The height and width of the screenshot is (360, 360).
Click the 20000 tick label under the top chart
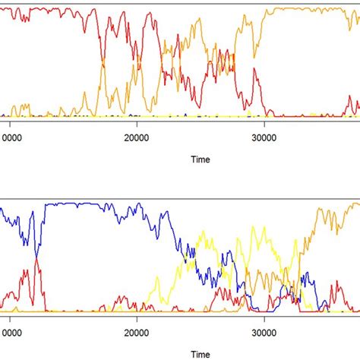[x=137, y=137]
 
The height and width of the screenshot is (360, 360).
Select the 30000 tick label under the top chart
[x=264, y=137]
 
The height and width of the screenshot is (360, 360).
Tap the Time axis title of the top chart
[x=200, y=159]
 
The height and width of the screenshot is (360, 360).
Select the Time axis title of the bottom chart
[x=200, y=354]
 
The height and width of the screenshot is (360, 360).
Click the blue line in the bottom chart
[x=76, y=204]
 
